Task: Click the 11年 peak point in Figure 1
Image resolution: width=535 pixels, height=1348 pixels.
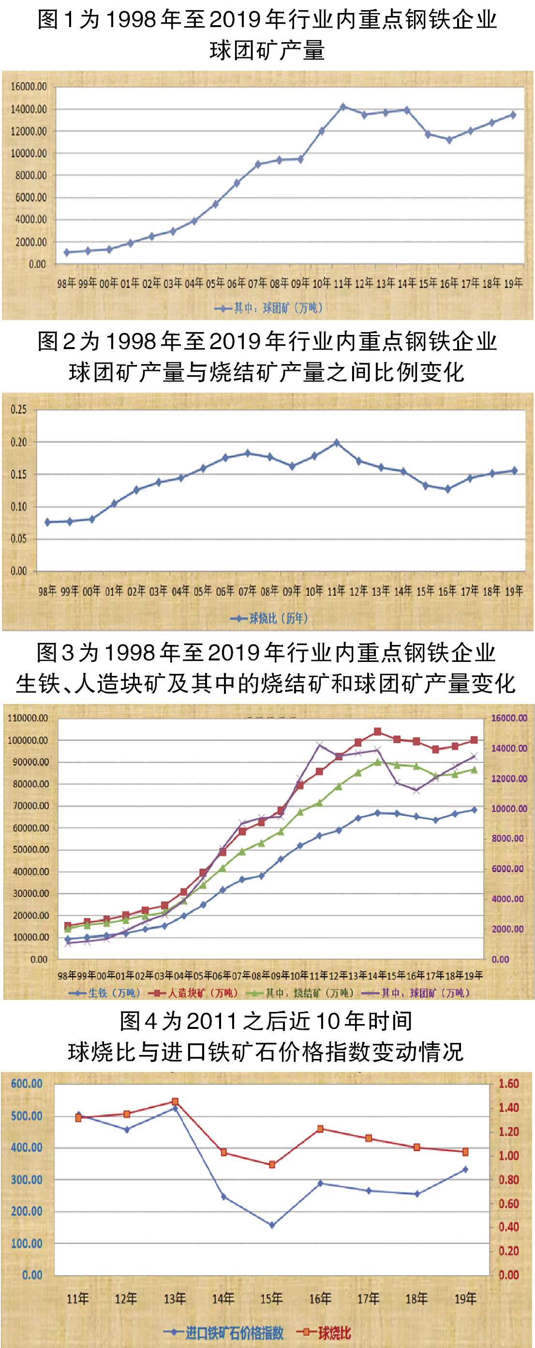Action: click(343, 107)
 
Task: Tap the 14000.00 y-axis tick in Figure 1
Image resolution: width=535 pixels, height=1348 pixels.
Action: click(29, 109)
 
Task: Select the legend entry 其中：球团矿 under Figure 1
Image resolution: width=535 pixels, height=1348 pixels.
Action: click(269, 308)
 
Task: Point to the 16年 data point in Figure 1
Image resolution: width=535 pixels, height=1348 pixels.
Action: click(449, 140)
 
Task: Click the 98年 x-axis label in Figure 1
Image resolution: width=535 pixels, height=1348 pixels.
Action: click(66, 284)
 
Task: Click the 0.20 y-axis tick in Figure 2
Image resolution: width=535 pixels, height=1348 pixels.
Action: click(19, 442)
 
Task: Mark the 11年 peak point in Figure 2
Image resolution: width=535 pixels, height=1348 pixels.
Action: click(336, 443)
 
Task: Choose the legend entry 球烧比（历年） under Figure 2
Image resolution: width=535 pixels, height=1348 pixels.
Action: click(269, 618)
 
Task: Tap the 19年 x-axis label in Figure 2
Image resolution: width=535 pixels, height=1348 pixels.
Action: click(514, 591)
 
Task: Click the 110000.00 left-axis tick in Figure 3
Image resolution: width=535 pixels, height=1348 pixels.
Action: click(28, 718)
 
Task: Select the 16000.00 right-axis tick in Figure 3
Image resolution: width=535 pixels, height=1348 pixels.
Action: click(509, 718)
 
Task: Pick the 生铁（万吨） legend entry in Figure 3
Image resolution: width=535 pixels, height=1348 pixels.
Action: click(104, 993)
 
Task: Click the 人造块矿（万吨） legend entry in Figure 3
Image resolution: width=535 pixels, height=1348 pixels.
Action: click(193, 993)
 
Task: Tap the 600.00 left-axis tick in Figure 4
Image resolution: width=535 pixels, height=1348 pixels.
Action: click(27, 1084)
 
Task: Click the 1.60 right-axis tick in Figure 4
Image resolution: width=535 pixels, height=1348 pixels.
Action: click(508, 1084)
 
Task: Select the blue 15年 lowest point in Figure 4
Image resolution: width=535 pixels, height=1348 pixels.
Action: click(272, 1225)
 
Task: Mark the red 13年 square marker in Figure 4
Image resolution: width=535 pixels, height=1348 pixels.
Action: click(175, 1102)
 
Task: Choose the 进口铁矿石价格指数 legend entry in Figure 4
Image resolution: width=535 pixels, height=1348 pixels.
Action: click(225, 1333)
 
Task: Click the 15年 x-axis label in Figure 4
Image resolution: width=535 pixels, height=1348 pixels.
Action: click(271, 1298)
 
